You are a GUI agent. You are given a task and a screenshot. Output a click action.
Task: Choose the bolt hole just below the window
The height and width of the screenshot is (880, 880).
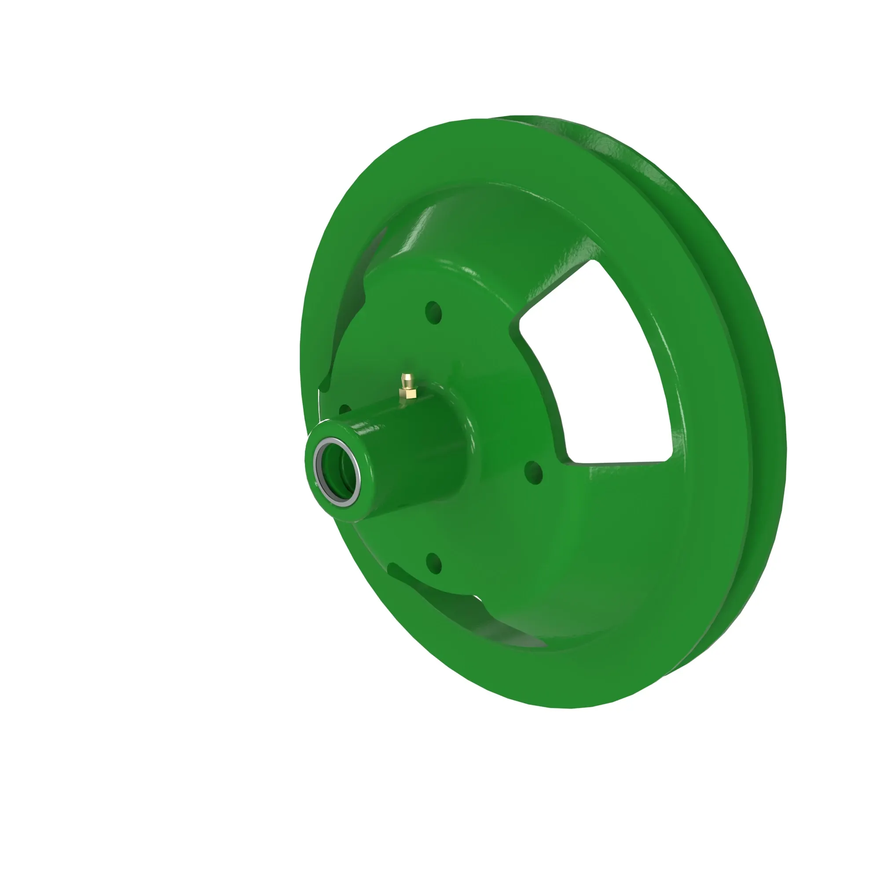pyautogui.click(x=533, y=472)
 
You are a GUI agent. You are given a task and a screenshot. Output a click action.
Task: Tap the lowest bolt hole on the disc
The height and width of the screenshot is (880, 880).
pyautogui.click(x=434, y=564)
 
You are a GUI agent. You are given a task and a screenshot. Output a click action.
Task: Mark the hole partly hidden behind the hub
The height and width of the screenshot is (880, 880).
pyautogui.click(x=345, y=409)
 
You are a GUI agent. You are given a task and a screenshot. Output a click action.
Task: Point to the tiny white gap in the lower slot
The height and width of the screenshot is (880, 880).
pyautogui.click(x=477, y=597)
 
